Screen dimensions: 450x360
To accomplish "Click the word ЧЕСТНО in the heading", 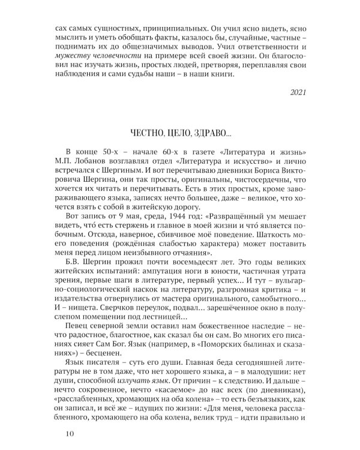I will pos(146,133).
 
